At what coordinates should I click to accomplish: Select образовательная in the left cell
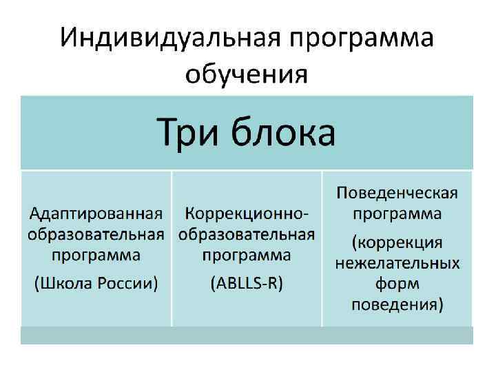point(96,234)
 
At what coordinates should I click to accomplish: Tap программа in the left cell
point(96,256)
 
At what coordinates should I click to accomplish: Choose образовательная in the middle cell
point(247,234)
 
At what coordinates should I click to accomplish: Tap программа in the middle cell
point(247,256)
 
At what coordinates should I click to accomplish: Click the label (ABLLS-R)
point(247,282)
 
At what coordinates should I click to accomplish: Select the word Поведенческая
point(397,192)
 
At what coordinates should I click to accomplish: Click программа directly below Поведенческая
point(397,214)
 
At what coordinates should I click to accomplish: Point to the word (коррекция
point(397,242)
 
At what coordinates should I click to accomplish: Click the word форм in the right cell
point(397,284)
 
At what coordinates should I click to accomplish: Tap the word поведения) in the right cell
point(397,304)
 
